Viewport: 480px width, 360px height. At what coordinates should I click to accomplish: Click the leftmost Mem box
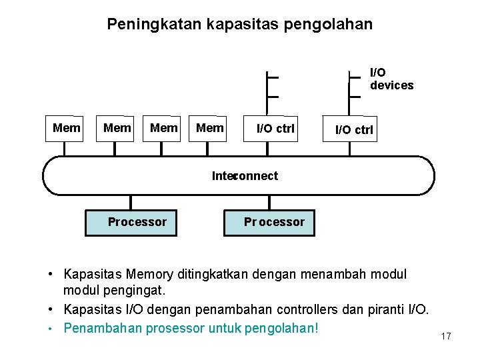66,127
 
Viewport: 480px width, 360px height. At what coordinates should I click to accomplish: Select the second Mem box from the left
117,127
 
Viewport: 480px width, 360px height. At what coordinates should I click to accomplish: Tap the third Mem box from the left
163,127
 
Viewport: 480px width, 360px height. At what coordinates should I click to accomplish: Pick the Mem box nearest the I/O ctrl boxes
210,127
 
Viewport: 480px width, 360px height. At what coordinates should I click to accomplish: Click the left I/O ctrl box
275,129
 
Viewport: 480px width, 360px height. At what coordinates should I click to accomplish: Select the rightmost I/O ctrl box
354,130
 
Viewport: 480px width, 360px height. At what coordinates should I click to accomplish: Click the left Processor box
131,222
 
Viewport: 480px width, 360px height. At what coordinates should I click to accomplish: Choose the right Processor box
269,222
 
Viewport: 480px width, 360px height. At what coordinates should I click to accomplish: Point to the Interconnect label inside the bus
245,176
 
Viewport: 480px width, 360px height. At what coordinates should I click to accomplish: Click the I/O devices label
391,79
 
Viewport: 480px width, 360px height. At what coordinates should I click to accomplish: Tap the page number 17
446,336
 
